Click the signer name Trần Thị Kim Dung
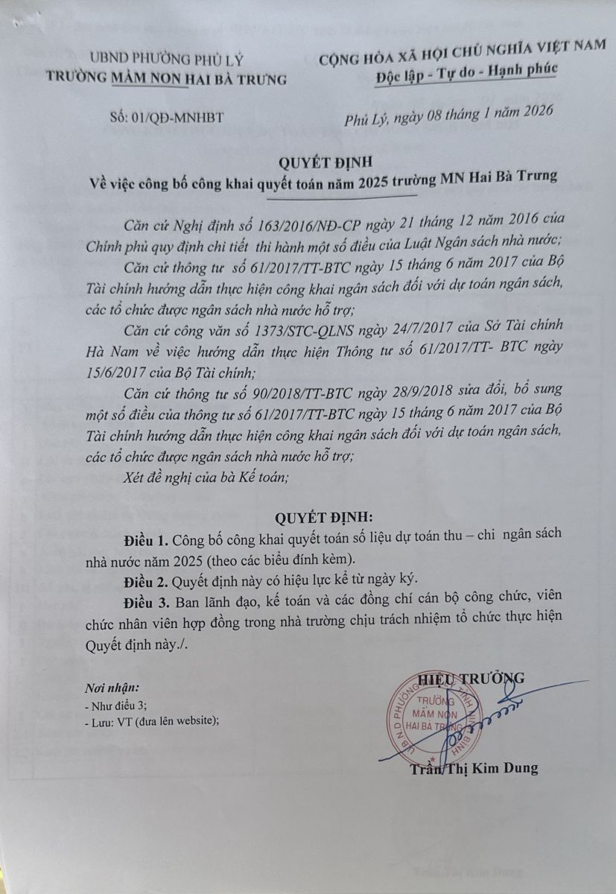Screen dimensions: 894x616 click(474, 768)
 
